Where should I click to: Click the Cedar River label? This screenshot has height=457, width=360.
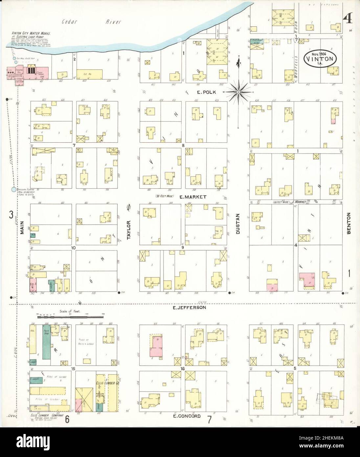click(x=92, y=22)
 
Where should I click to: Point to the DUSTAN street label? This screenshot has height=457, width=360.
click(x=238, y=224)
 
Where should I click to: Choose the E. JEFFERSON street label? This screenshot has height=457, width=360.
click(x=189, y=308)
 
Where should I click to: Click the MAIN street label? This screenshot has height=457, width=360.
click(x=22, y=227)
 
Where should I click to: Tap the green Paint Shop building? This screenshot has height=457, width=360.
click(x=46, y=342)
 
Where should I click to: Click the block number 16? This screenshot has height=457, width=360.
click(x=183, y=369)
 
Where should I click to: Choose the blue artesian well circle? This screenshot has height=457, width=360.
click(x=13, y=189)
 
